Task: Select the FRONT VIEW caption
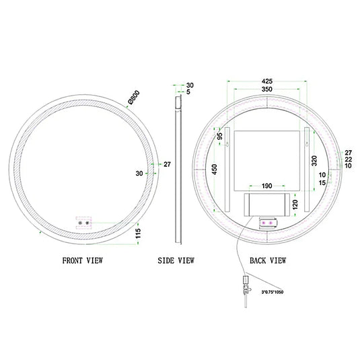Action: tap(83, 260)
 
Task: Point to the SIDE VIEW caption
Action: tap(176, 260)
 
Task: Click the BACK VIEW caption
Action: tap(267, 260)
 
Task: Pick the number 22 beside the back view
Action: tap(348, 159)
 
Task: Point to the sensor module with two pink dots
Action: tap(266, 221)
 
